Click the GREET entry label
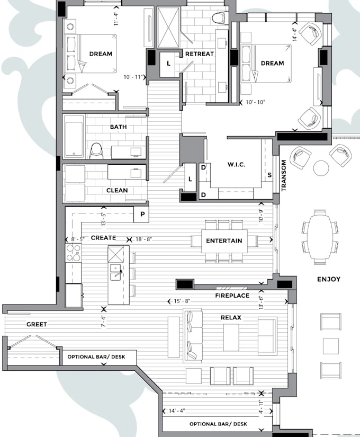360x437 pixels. click(x=36, y=324)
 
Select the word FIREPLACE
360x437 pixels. click(x=232, y=296)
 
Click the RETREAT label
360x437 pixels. click(x=199, y=54)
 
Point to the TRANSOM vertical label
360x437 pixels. click(x=284, y=176)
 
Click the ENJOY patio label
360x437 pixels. click(x=328, y=279)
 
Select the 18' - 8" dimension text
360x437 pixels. click(x=143, y=239)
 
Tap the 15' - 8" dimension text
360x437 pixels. click(x=182, y=301)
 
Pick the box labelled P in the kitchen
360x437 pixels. click(x=142, y=215)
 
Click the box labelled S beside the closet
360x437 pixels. click(x=269, y=175)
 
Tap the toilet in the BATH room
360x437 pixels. click(x=96, y=150)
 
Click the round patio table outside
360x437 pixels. click(x=321, y=168)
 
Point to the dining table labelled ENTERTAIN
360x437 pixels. click(x=224, y=241)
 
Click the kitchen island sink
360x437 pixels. click(x=116, y=273)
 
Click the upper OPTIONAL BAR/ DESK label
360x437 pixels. click(x=96, y=357)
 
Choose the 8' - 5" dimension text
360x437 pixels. click(x=74, y=239)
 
